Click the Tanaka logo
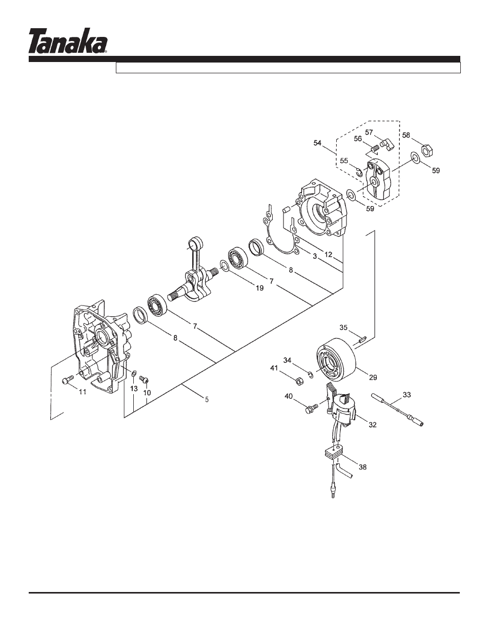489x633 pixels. pos(68,41)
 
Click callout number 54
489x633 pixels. pos(318,143)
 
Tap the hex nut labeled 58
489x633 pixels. pos(425,150)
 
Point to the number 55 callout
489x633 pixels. pos(344,160)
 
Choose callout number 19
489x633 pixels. pos(259,288)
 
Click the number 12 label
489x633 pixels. pos(329,254)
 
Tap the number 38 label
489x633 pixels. pos(362,467)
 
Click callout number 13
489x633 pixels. pos(133,389)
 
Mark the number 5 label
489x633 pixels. pos(207,399)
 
